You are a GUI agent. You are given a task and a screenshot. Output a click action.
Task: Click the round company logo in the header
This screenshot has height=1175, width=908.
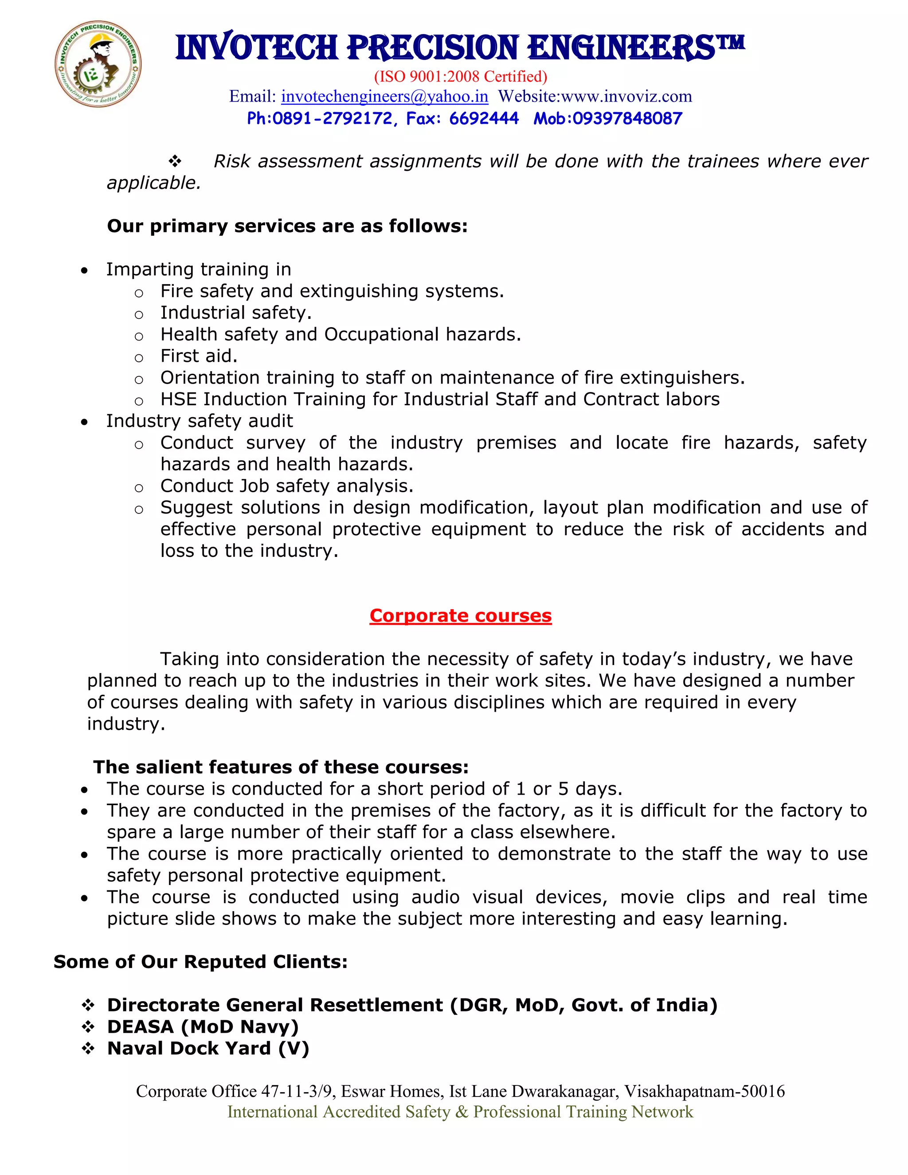pos(98,64)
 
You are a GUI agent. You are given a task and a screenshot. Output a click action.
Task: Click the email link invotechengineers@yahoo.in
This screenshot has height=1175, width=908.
pos(384,96)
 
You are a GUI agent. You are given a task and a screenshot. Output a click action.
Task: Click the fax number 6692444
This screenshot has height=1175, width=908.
pos(484,118)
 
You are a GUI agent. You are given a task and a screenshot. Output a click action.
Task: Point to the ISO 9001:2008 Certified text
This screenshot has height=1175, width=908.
pos(461,76)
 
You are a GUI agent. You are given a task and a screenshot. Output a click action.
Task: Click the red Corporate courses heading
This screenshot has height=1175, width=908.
pos(461,615)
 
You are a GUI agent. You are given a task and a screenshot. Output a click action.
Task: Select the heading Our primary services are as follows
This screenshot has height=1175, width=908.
pos(287,226)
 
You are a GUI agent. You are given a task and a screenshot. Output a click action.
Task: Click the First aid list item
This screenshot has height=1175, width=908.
pos(199,356)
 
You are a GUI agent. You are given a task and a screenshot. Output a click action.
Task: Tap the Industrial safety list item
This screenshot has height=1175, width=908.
pos(235,313)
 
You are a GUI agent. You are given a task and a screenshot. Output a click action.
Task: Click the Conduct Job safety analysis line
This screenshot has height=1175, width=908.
pos(287,486)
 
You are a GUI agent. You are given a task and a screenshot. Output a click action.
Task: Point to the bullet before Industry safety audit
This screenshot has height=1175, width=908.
pos(84,422)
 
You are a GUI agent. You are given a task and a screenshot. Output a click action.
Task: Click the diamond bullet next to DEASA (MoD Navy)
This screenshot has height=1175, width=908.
pos(88,1027)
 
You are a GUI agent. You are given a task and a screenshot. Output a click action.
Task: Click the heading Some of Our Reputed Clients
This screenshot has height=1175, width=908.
pos(201,962)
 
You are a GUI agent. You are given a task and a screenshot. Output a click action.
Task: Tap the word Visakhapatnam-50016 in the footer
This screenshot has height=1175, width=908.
pos(704,1091)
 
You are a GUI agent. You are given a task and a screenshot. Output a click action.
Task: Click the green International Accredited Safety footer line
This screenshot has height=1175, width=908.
pos(461,1112)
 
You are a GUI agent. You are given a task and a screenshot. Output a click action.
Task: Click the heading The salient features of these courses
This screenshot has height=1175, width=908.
pos(281,767)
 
